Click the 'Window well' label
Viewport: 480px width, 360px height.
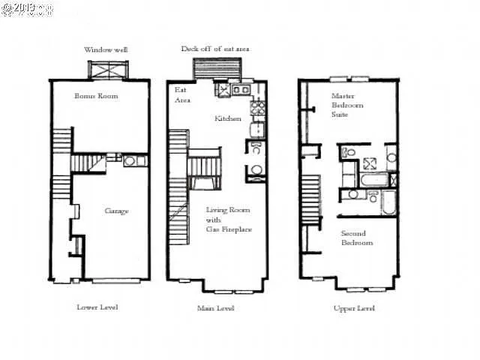pos(106,49)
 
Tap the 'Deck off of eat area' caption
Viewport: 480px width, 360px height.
pos(215,49)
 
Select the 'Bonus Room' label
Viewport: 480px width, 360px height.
pos(96,96)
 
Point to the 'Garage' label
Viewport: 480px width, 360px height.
pos(116,211)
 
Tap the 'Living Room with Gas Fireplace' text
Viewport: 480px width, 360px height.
pos(229,219)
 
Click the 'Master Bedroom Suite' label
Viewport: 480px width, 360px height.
pos(347,106)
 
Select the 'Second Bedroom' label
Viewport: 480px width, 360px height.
pos(357,238)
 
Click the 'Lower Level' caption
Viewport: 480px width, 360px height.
pos(97,307)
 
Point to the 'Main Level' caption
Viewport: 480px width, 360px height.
pos(216,307)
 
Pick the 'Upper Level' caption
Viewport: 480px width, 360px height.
pos(354,307)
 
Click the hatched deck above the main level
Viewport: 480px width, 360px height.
pos(216,68)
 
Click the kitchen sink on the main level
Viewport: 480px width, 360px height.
pos(241,90)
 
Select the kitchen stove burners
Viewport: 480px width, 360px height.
pos(258,111)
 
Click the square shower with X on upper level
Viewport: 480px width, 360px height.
pos(370,164)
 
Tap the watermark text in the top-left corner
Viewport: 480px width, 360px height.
pos(27,10)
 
